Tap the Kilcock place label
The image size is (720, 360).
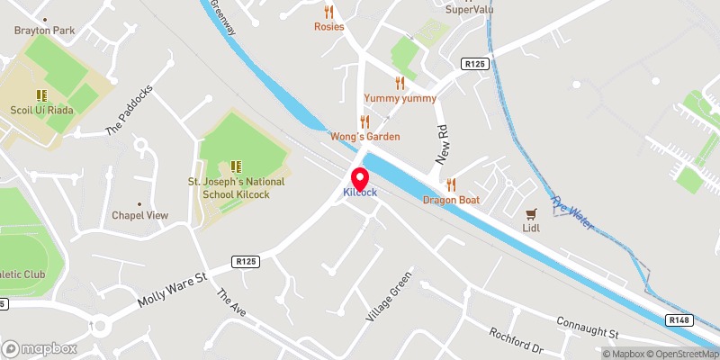[x=359, y=193]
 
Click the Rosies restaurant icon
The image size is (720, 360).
[x=328, y=13]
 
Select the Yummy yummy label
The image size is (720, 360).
[x=400, y=98]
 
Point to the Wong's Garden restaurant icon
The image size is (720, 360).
[x=364, y=121]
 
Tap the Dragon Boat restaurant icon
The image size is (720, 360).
[x=453, y=184]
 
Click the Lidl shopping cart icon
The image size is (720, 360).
[x=531, y=214]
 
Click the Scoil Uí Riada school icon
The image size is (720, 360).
[x=41, y=94]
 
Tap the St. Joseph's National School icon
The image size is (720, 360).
[x=236, y=166]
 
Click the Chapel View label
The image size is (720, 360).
[x=139, y=215]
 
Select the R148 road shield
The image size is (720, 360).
[x=679, y=319]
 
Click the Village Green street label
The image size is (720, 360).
[x=389, y=297]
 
